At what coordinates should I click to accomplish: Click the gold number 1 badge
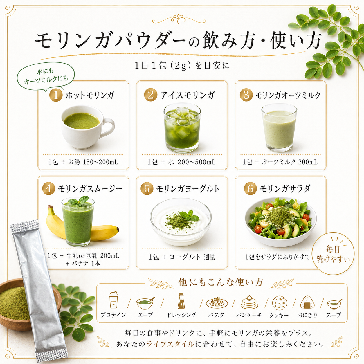pyautogui.click(x=56, y=95)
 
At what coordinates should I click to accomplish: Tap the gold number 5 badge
pyautogui.click(x=147, y=189)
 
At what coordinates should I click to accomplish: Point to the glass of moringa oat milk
pyautogui.click(x=279, y=128)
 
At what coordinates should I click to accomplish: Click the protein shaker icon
pyautogui.click(x=113, y=300)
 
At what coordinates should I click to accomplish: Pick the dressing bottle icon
pyautogui.click(x=181, y=301)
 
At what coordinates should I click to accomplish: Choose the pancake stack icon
pyautogui.click(x=249, y=302)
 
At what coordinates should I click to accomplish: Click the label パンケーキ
pyautogui.click(x=249, y=315)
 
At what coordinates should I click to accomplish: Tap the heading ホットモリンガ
pyautogui.click(x=90, y=95)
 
